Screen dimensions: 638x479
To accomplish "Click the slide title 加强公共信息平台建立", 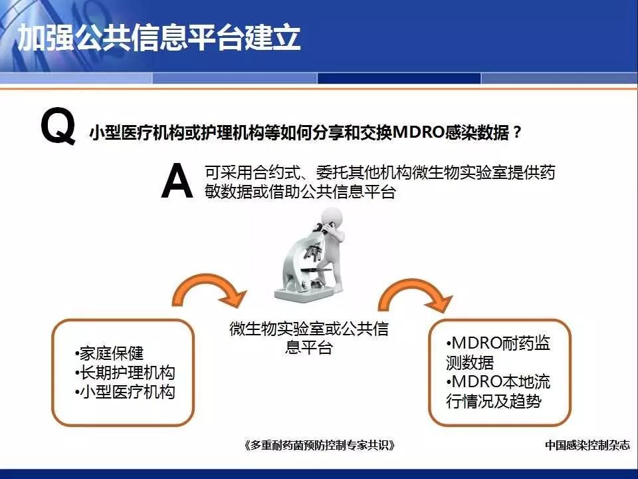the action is click(x=159, y=37).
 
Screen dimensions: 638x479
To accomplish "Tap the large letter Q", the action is click(x=58, y=126).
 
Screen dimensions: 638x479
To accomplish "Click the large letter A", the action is click(x=177, y=180).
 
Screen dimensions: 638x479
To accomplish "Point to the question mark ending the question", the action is click(x=517, y=132).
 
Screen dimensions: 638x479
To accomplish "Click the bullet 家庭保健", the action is click(x=109, y=353).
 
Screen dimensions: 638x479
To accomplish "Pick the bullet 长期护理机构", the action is click(x=125, y=373).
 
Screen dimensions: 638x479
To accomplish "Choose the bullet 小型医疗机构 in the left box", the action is click(x=125, y=392).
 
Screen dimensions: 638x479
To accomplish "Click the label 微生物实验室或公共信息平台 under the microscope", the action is click(x=309, y=338).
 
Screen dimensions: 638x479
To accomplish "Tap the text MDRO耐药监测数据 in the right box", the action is click(x=498, y=353).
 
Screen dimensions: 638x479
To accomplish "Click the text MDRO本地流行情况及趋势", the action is click(x=498, y=391).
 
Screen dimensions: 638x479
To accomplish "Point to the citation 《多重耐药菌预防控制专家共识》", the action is click(x=320, y=445).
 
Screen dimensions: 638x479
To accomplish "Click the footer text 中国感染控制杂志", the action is click(x=587, y=445).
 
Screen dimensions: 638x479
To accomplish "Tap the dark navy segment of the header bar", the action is click(x=399, y=78).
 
